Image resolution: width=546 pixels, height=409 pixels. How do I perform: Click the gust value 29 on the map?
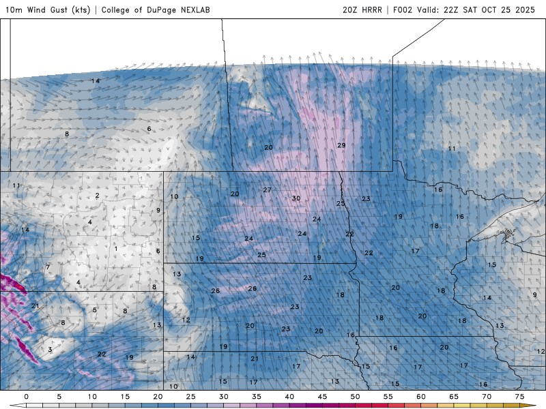pos(341,145)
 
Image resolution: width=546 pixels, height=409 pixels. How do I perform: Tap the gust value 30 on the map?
pos(296,198)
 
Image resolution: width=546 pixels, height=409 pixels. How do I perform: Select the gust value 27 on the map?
pos(267,190)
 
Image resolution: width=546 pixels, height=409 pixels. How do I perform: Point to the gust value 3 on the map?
pos(50,350)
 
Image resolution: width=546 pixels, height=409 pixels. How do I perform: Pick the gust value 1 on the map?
pos(116,248)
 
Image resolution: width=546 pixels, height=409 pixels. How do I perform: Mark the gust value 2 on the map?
pos(98,196)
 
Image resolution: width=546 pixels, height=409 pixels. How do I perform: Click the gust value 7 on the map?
pos(48,267)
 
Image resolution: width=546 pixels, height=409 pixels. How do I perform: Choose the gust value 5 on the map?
pos(95,310)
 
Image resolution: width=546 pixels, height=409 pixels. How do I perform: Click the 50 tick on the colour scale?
pos(355,396)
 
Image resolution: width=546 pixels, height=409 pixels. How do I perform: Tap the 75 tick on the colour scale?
pos(519,396)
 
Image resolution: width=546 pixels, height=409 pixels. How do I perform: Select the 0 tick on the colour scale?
pos(26,396)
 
